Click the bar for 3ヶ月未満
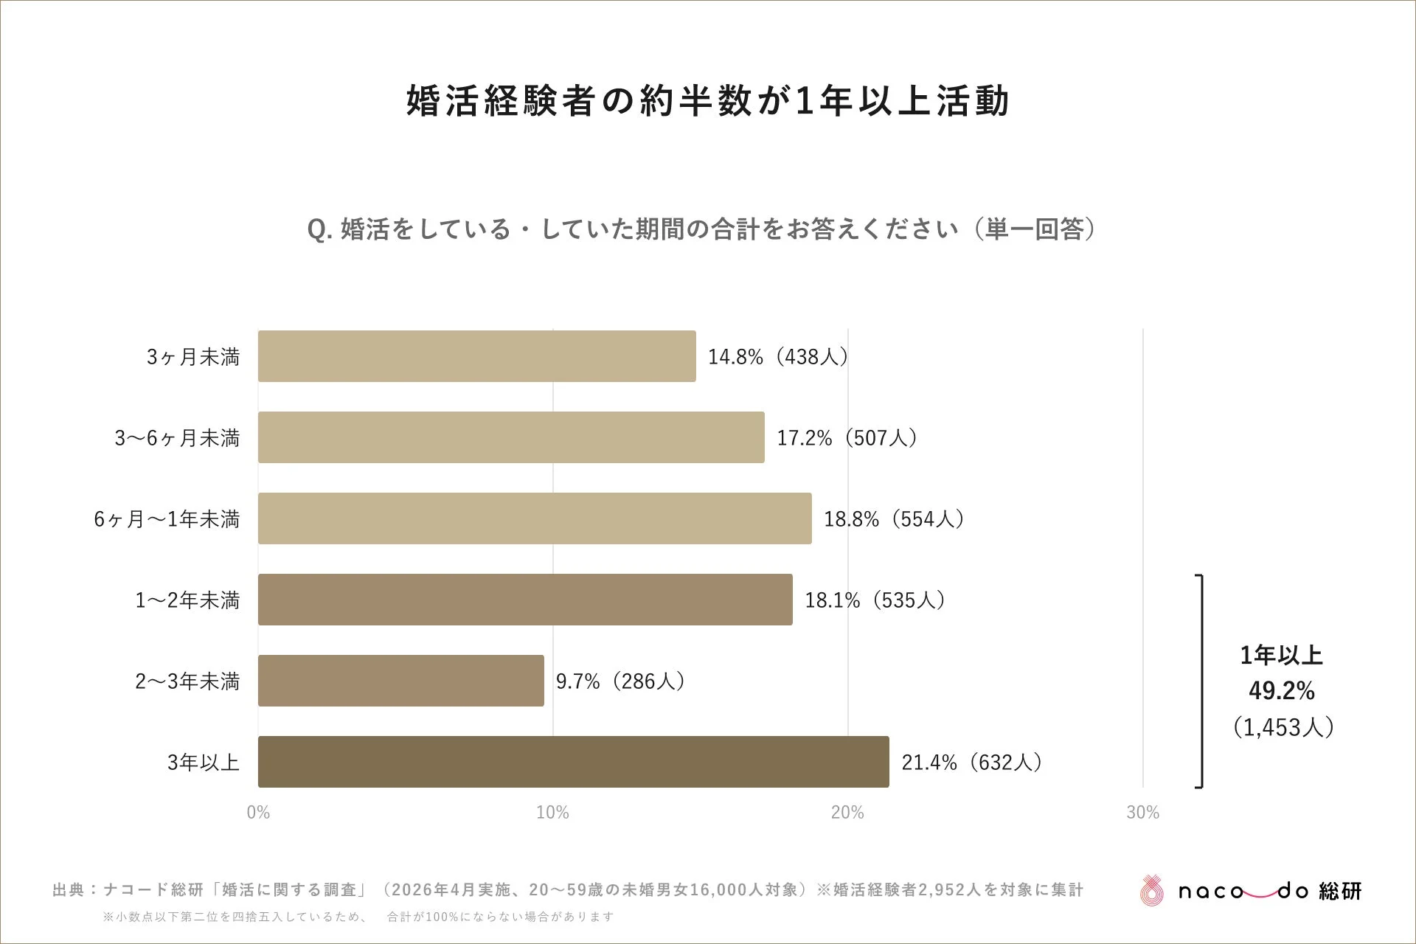pyautogui.click(x=476, y=356)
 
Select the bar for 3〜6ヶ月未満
pyautogui.click(x=511, y=437)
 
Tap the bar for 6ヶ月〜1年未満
pyautogui.click(x=535, y=518)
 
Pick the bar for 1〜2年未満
pyautogui.click(x=525, y=600)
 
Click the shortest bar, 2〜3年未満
pyautogui.click(x=401, y=681)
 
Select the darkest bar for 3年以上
pyautogui.click(x=573, y=762)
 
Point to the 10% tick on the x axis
pyautogui.click(x=552, y=813)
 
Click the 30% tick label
pyautogui.click(x=1142, y=813)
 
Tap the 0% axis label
pyautogui.click(x=258, y=813)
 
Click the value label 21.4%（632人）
pyautogui.click(x=971, y=763)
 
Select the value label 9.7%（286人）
pyautogui.click(x=620, y=681)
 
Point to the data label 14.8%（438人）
pyautogui.click(x=778, y=357)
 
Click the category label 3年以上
pyautogui.click(x=204, y=763)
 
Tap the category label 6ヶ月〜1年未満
pyautogui.click(x=167, y=519)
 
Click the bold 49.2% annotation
pyautogui.click(x=1282, y=691)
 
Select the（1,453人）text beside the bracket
pyautogui.click(x=1283, y=728)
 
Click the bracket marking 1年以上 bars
pyautogui.click(x=1201, y=681)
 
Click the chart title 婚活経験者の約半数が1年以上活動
pyautogui.click(x=707, y=101)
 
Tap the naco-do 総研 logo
pyautogui.click(x=1251, y=891)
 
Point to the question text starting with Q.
pyautogui.click(x=701, y=229)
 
